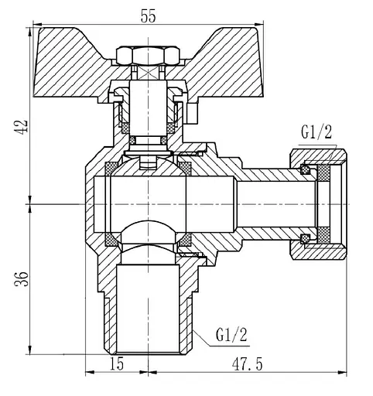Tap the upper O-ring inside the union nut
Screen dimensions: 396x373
[306, 169]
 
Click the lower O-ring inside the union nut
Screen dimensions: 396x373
[306, 237]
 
